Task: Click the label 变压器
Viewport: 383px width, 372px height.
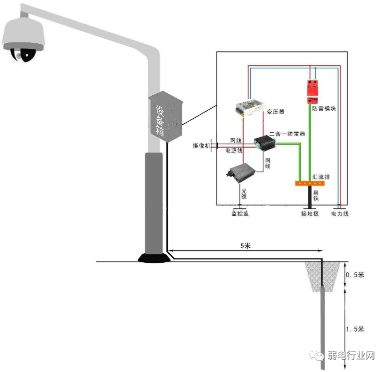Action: coord(276,112)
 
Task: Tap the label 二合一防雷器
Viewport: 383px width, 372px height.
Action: coord(287,134)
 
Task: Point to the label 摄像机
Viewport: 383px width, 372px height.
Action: coord(202,146)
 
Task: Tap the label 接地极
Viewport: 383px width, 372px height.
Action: coord(310,213)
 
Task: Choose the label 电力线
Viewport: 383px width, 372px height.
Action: coord(340,213)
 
